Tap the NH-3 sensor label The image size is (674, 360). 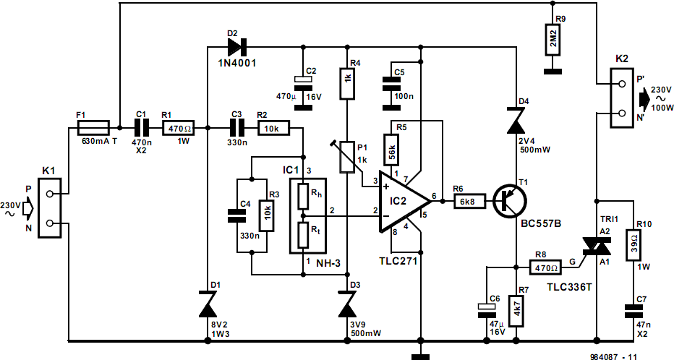pyautogui.click(x=328, y=263)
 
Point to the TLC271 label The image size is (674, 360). pyautogui.click(x=398, y=260)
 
